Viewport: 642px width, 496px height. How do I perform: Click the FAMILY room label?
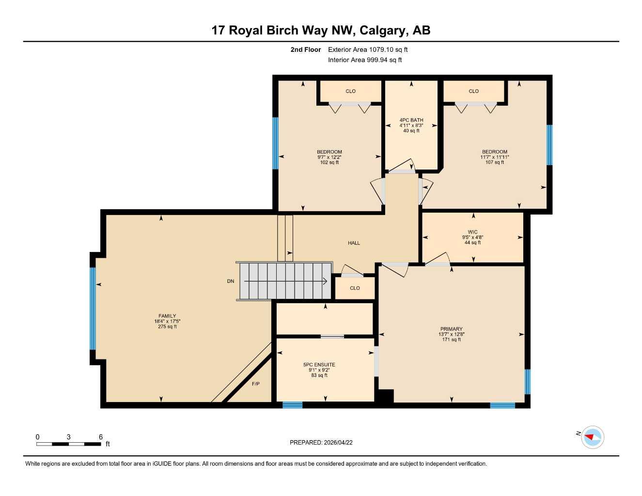click(167, 316)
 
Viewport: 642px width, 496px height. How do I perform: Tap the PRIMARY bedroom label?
click(451, 329)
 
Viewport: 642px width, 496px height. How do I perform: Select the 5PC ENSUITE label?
click(319, 365)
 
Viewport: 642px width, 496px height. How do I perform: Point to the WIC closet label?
click(472, 232)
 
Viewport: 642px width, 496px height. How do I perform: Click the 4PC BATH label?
click(411, 120)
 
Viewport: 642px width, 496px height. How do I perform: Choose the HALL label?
click(354, 243)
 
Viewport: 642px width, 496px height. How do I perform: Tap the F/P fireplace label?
click(256, 384)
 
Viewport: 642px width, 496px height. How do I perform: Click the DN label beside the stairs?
click(231, 281)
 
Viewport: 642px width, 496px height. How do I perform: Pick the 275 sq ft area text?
click(167, 327)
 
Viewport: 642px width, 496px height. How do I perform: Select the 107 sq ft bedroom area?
click(494, 163)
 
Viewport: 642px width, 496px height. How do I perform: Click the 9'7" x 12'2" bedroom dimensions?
click(329, 157)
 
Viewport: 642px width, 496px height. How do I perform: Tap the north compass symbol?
click(592, 437)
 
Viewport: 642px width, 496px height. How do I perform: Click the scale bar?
click(69, 444)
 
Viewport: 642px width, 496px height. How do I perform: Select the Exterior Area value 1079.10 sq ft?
click(388, 49)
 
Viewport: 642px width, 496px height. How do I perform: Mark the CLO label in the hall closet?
click(355, 288)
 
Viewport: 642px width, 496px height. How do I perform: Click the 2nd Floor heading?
click(305, 49)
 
